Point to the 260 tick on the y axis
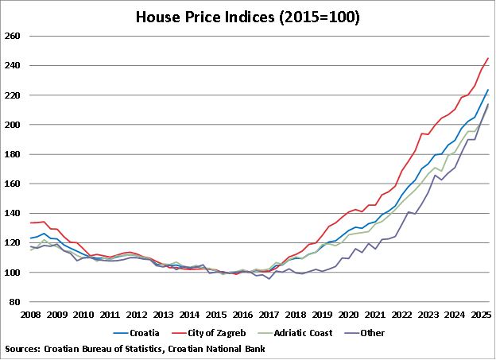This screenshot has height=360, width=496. click(x=13, y=37)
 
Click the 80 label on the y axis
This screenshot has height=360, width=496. click(x=15, y=302)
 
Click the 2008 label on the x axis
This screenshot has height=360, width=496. click(x=31, y=315)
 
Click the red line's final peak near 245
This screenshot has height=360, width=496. click(x=488, y=58)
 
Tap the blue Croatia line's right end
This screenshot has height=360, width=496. click(x=488, y=90)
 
